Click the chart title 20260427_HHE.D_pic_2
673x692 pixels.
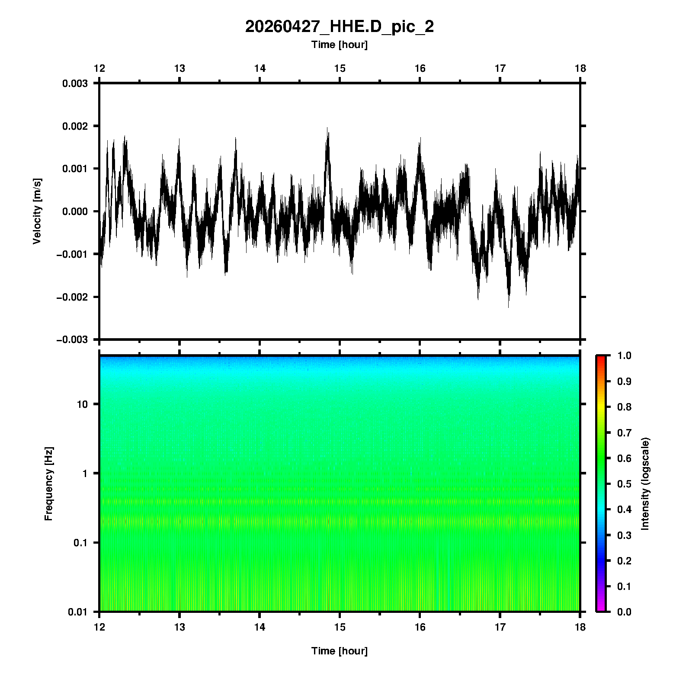tap(339, 27)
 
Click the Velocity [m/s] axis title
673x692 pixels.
tap(37, 211)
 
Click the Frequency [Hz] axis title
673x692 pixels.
tap(48, 484)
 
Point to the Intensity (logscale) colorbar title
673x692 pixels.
tap(645, 484)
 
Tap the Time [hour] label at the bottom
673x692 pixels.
tap(339, 651)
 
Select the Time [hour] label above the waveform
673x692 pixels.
tap(339, 45)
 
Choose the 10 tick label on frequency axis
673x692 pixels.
tap(82, 404)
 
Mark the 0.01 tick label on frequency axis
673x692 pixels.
tap(78, 612)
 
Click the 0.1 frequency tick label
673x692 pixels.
tap(80, 542)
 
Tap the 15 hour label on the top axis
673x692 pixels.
tap(340, 68)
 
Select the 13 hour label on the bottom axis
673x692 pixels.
tap(179, 627)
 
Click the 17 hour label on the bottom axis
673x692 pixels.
tap(500, 627)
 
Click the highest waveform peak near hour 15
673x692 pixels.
tap(328, 128)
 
